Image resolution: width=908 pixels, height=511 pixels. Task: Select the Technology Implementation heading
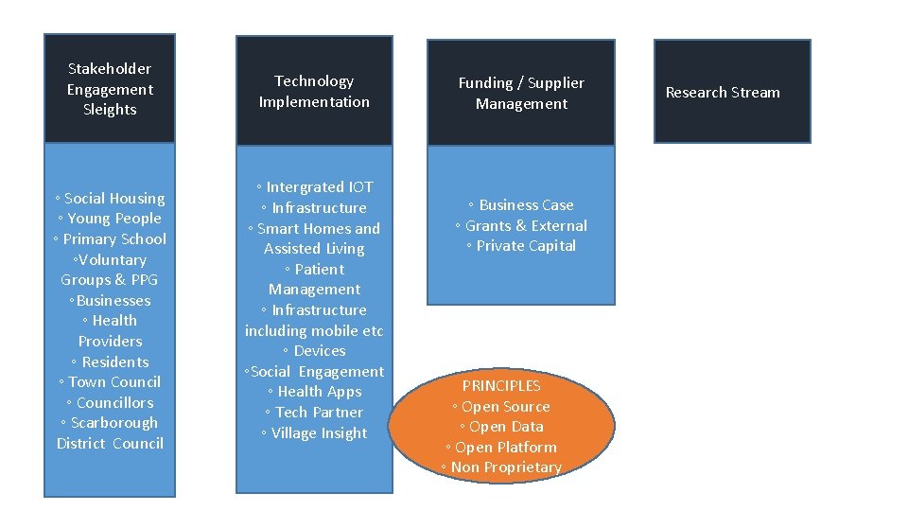pyautogui.click(x=314, y=92)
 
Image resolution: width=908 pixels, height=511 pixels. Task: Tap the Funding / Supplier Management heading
pyautogui.click(x=521, y=93)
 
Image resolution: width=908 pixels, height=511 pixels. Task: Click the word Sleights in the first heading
pyautogui.click(x=110, y=110)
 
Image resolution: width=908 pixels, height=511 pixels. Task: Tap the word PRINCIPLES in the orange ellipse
pyautogui.click(x=501, y=386)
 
